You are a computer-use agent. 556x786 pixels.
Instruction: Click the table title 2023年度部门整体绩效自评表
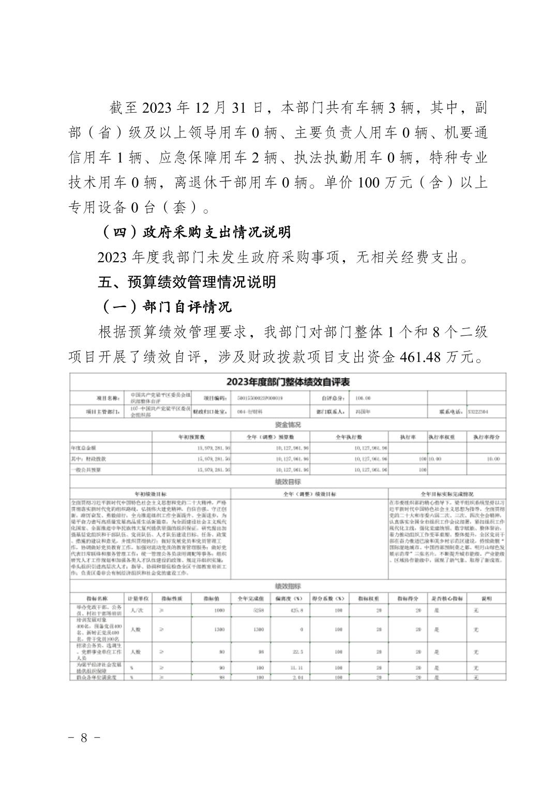point(288,382)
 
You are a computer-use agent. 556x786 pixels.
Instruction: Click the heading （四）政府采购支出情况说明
point(196,232)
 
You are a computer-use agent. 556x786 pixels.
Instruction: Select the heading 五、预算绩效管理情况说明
point(187,282)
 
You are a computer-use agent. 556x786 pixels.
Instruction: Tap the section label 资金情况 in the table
point(288,425)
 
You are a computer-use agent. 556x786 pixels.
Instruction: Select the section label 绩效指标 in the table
point(288,586)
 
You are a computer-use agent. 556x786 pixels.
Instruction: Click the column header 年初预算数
point(191,437)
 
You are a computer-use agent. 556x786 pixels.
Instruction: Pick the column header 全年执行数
point(349,437)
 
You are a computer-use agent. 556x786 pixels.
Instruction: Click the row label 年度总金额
point(83,448)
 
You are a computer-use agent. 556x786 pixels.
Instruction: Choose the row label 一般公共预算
point(86,470)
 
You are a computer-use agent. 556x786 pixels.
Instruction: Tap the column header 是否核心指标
point(447,598)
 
